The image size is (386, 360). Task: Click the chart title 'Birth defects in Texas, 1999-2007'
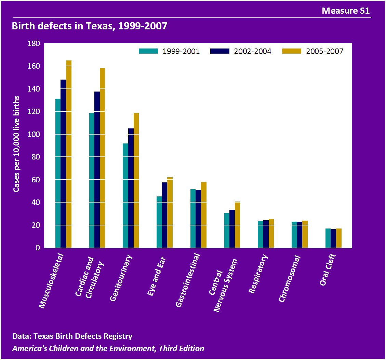pos(90,26)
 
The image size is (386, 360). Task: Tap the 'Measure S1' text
pos(346,11)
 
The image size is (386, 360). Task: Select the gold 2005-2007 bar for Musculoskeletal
pos(69,154)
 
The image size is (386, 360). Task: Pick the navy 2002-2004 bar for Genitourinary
pos(131,188)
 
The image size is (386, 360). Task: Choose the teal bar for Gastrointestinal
pos(193,219)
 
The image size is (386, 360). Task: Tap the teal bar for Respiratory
pos(260,234)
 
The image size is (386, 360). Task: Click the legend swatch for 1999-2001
pos(148,51)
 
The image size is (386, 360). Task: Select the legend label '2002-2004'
pos(253,51)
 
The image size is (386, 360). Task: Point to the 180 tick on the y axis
pos(34,43)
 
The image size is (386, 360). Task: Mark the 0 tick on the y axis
pos(38,248)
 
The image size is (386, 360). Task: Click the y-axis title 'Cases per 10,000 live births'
pos(16,143)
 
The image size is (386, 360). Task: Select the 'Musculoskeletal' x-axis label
pos(52,282)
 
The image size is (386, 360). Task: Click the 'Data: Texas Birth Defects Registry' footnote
pos(72,336)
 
